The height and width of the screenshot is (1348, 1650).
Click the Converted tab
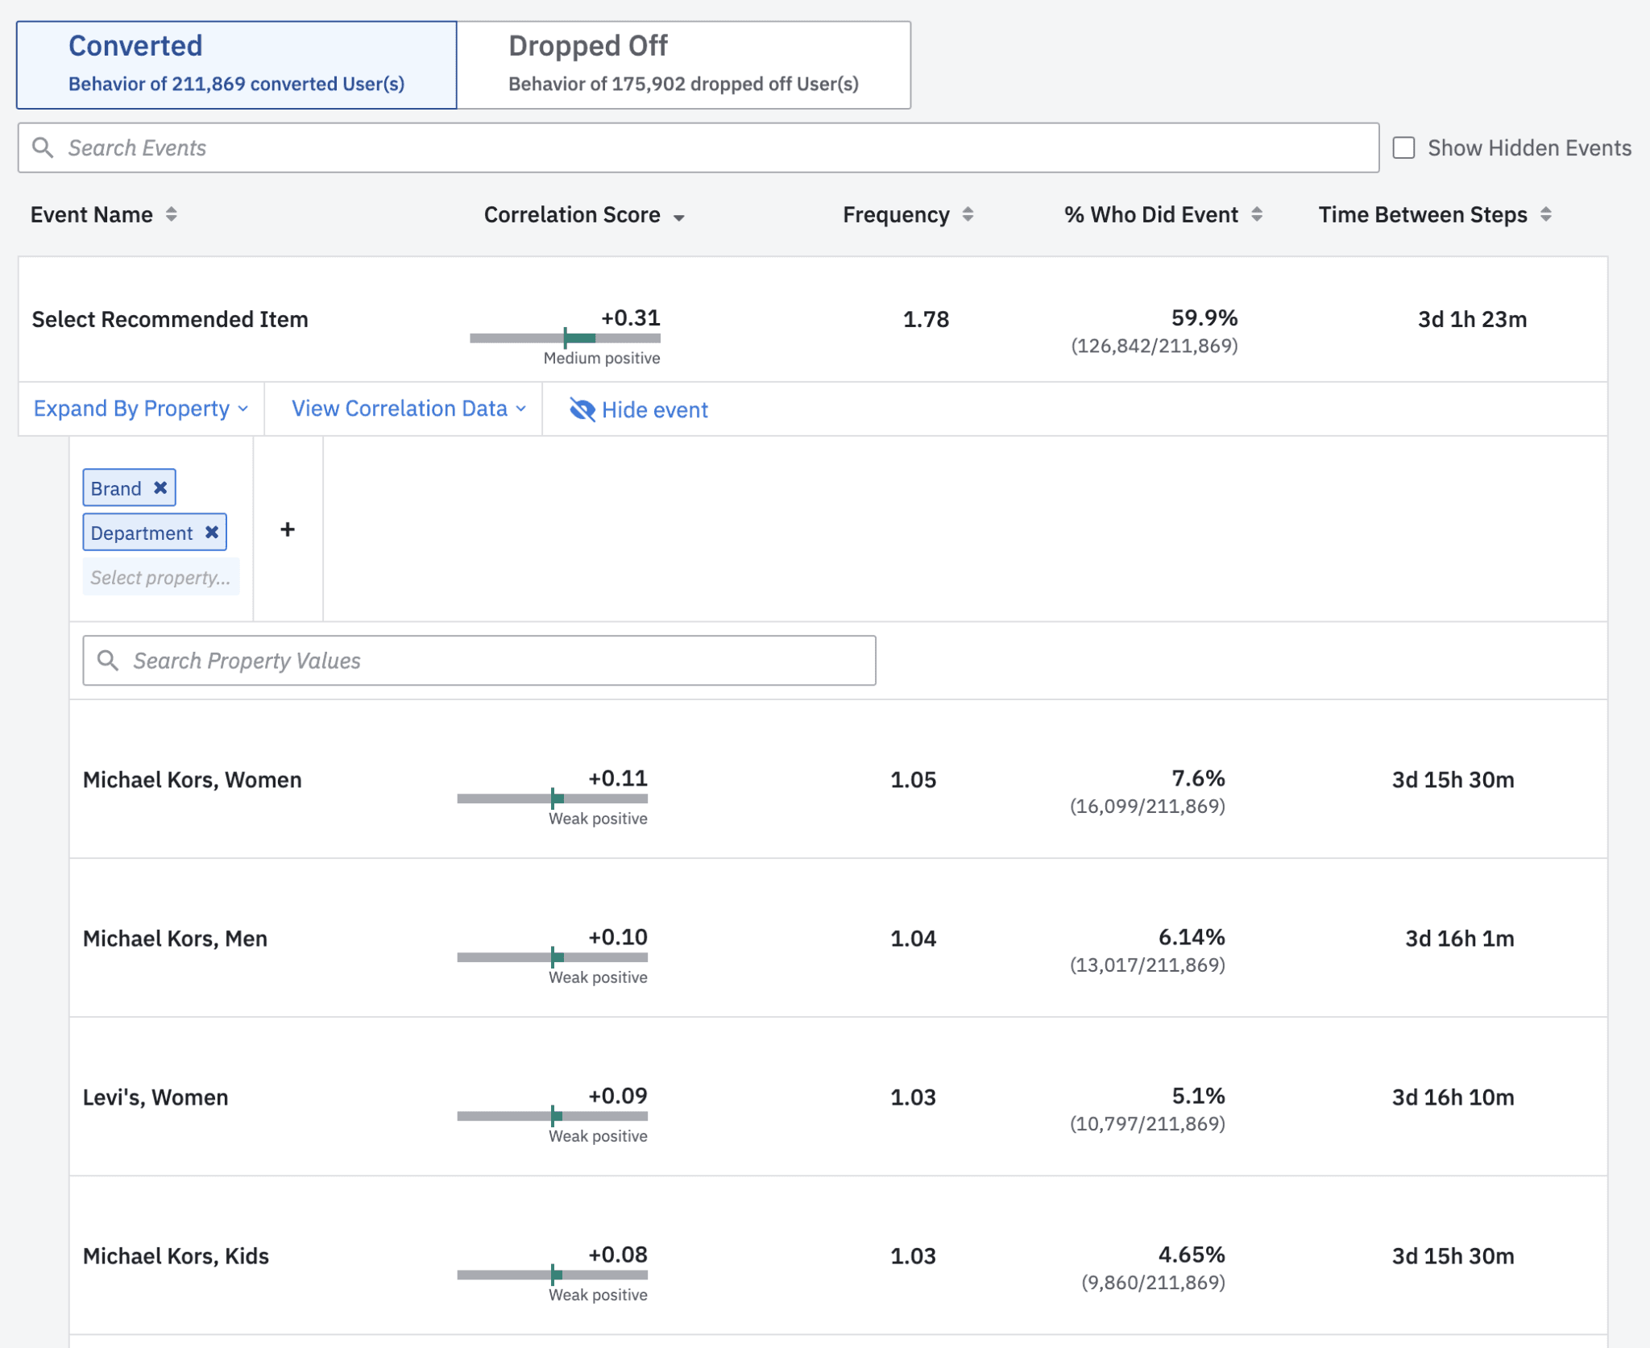(x=236, y=64)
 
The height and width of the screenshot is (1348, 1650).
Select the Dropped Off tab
(x=683, y=64)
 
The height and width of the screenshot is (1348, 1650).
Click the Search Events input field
(x=698, y=147)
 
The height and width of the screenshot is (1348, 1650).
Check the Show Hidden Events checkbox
(x=1403, y=147)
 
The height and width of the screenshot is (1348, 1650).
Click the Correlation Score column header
(x=572, y=215)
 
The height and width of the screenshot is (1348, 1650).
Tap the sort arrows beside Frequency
(x=968, y=214)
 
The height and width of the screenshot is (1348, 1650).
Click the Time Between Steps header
(x=1422, y=215)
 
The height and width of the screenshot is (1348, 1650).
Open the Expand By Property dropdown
(x=140, y=409)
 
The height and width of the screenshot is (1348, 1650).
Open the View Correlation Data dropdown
(x=408, y=409)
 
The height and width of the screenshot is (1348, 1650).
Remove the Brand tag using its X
(x=160, y=487)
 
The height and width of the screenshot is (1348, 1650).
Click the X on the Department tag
(x=212, y=532)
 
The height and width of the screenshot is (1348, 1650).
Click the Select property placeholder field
(x=160, y=577)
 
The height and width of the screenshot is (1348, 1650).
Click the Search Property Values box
(x=479, y=661)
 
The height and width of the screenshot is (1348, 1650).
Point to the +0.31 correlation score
(x=630, y=317)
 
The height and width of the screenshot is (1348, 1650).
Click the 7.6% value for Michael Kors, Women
(x=1197, y=778)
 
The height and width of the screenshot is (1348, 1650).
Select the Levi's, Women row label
(x=155, y=1097)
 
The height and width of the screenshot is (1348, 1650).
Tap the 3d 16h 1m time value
(x=1459, y=939)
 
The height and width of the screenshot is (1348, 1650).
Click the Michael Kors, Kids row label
(x=176, y=1256)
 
